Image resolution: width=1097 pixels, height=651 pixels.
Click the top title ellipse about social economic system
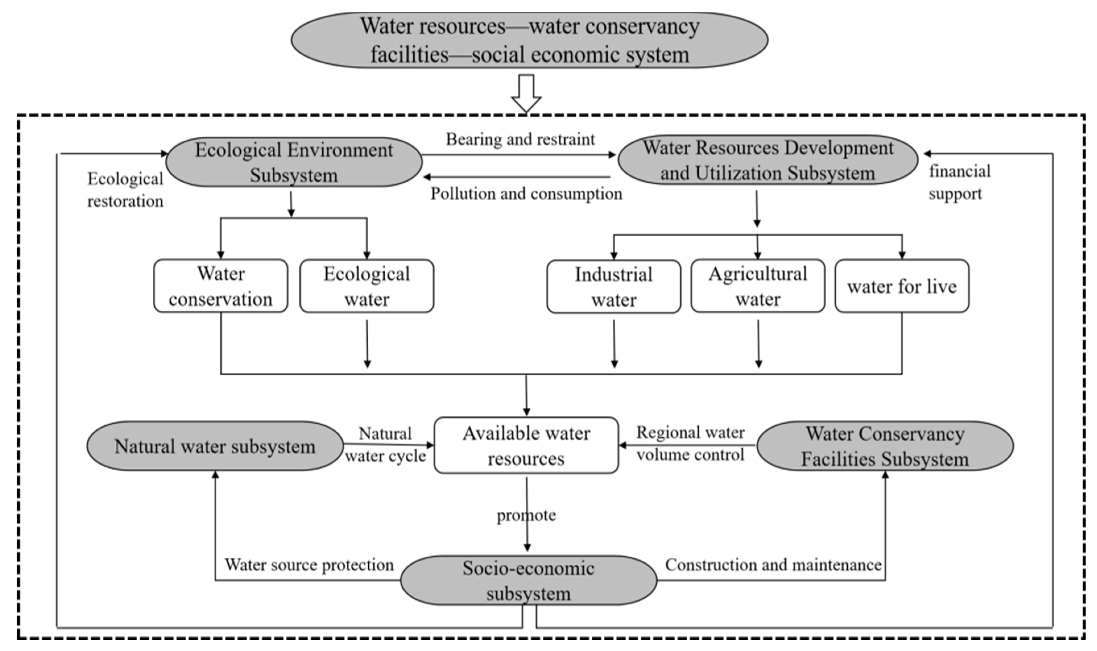click(529, 40)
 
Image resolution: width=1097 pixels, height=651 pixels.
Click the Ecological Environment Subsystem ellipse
click(294, 162)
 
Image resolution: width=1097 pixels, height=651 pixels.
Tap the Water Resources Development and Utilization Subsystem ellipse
click(768, 160)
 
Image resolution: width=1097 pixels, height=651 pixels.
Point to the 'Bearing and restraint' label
click(520, 140)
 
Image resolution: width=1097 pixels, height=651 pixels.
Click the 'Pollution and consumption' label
click(526, 194)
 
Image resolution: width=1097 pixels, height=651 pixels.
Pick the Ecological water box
click(367, 286)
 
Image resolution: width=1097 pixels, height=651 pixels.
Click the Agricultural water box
click(758, 286)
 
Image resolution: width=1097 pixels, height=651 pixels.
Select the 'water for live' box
click(902, 286)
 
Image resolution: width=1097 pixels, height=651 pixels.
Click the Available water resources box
click(526, 445)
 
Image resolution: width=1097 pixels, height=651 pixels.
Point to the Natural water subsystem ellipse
click(215, 446)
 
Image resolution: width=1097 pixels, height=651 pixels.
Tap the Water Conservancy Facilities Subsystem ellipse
click(885, 446)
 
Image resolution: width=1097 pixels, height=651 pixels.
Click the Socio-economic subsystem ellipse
click(529, 580)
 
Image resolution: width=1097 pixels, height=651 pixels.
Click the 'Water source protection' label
click(309, 565)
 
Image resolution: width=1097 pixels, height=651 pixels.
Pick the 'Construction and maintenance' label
click(773, 565)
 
